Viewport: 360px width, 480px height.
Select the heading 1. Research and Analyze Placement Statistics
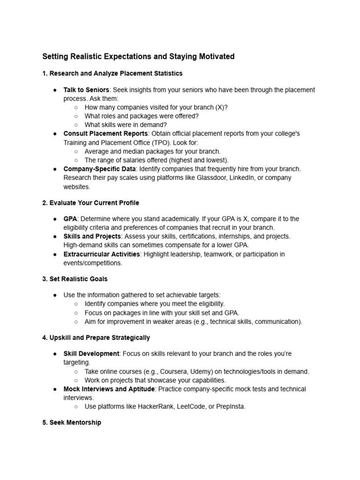pyautogui.click(x=112, y=74)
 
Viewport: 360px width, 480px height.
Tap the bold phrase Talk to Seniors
pyautogui.click(x=86, y=90)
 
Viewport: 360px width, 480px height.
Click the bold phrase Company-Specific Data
pyautogui.click(x=100, y=169)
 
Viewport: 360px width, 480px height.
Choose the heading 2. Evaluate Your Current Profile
pyautogui.click(x=90, y=203)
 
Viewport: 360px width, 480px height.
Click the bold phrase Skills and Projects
pyautogui.click(x=92, y=236)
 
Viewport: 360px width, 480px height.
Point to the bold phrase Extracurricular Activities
pyautogui.click(x=101, y=254)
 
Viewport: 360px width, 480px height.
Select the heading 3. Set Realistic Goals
pyautogui.click(x=75, y=279)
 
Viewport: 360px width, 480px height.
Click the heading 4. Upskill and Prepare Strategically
pyautogui.click(x=96, y=337)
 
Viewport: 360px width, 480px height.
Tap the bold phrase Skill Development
pyautogui.click(x=91, y=353)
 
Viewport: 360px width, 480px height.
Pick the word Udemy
pyautogui.click(x=197, y=371)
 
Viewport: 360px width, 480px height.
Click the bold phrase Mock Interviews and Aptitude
pyautogui.click(x=108, y=389)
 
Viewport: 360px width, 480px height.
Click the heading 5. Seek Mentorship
pyautogui.click(x=72, y=422)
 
